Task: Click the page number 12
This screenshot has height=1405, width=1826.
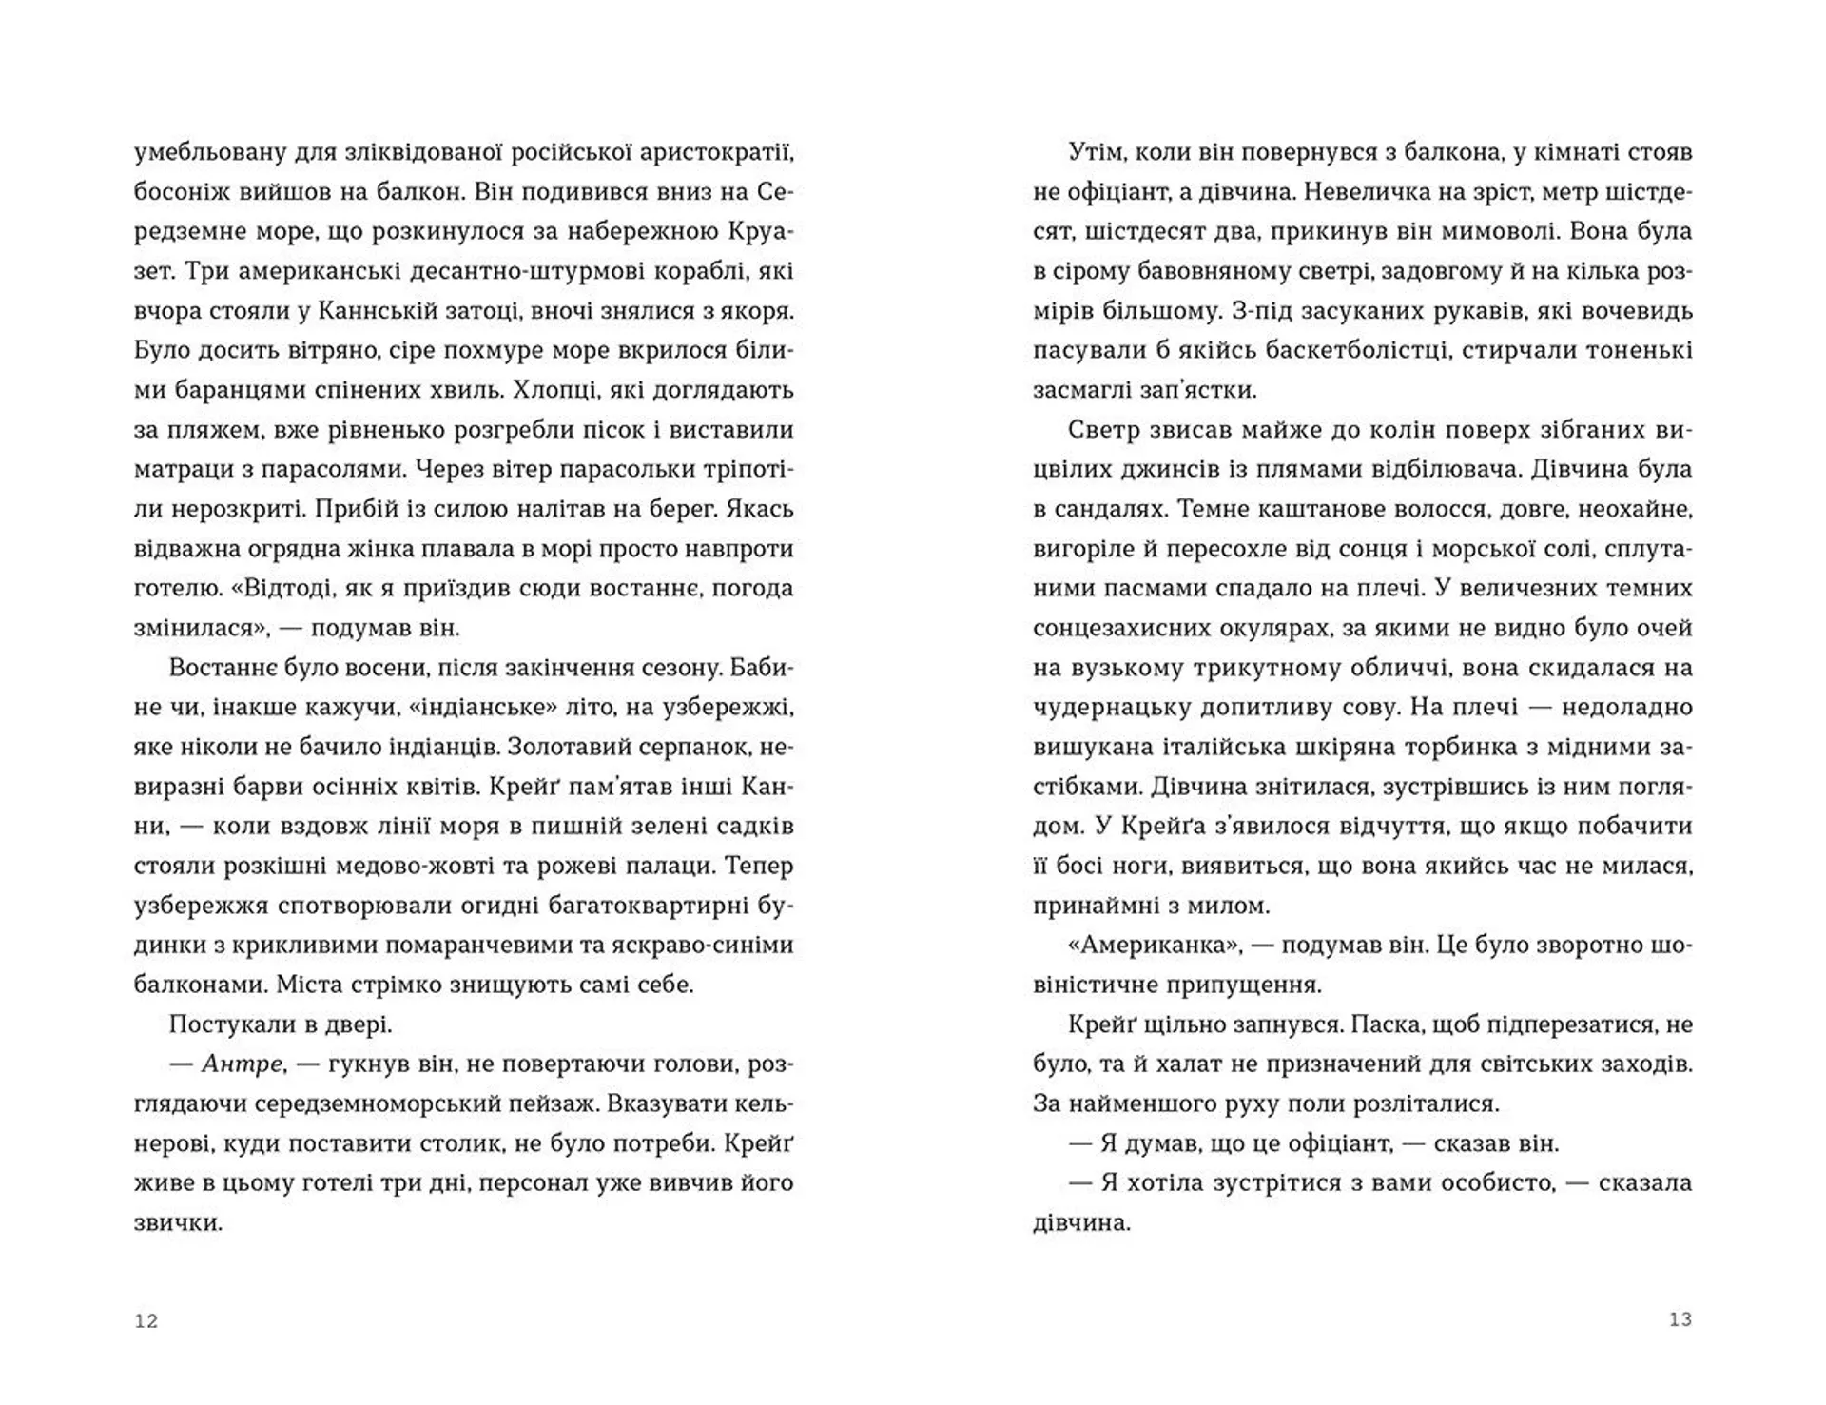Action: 146,1320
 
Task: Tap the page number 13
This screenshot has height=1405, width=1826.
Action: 1680,1319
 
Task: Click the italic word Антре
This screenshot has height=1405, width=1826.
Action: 243,1064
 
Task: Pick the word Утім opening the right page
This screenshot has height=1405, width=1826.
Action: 1095,152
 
